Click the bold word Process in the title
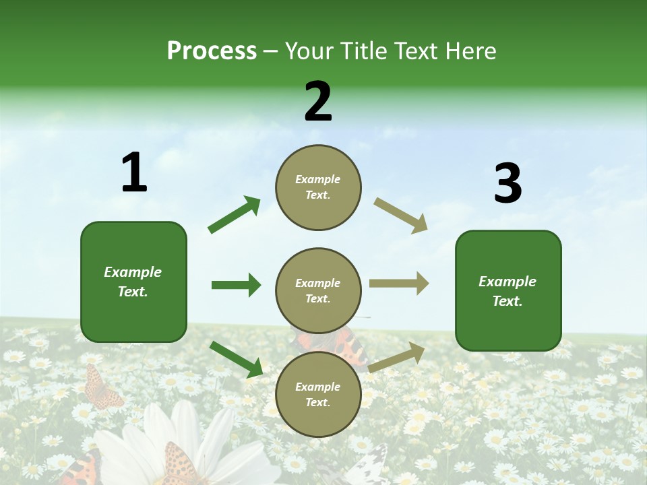point(212,51)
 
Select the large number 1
point(134,173)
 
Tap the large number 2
point(318,102)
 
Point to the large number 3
point(507,184)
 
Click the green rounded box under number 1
point(133,282)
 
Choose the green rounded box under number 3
point(508,291)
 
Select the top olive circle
point(318,187)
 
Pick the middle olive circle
point(318,290)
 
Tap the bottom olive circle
point(318,394)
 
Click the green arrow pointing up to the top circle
point(234,215)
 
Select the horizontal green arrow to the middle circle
point(236,285)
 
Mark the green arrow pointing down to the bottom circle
point(236,358)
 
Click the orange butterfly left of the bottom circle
point(102,389)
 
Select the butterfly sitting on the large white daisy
point(178,465)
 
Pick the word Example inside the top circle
point(318,180)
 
